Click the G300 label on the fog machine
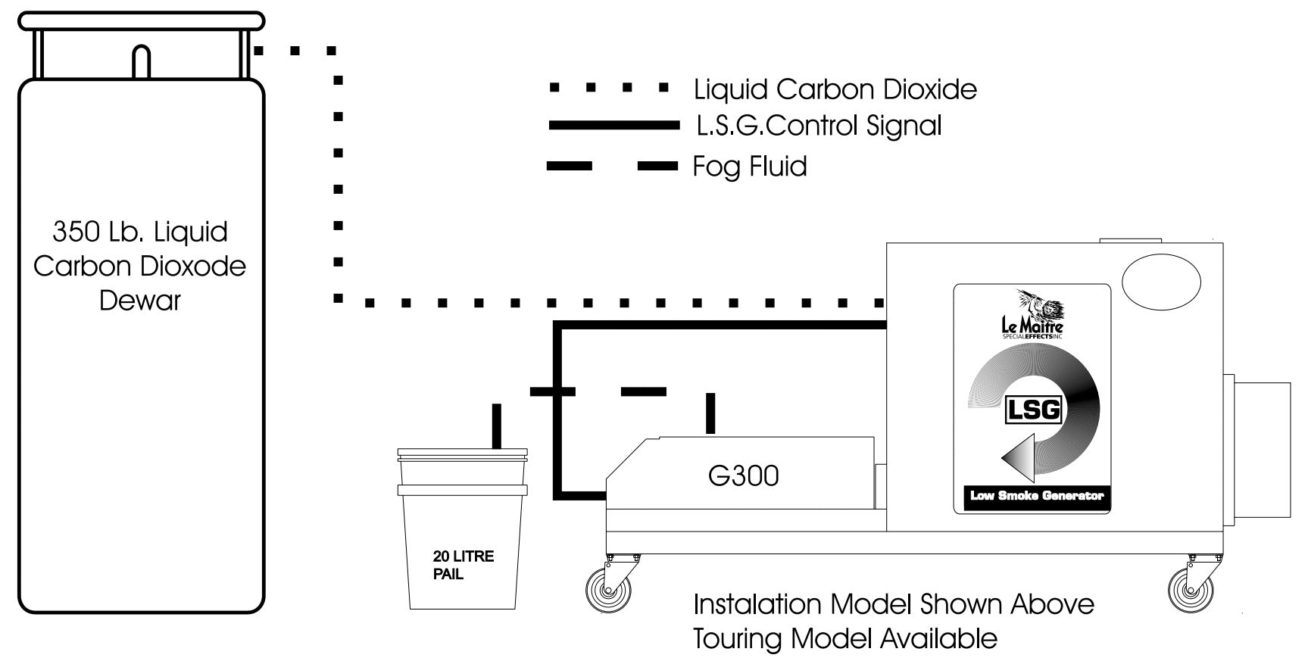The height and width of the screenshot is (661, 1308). coord(743,475)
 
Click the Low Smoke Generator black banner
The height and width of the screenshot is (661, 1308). coord(1037,497)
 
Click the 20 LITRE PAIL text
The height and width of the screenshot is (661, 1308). coord(463,565)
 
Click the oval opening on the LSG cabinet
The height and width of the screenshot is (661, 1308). coord(1160,282)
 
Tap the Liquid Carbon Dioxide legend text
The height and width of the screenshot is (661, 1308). coord(835,89)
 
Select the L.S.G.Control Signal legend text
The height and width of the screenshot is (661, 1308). coord(818,126)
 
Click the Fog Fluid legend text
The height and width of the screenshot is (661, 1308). coord(749,167)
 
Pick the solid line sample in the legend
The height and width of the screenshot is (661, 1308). coord(613,126)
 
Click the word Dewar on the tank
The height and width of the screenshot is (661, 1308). coord(140,301)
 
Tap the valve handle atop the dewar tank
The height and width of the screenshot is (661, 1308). coord(141,61)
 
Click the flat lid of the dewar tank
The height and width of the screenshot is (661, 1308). coord(141,20)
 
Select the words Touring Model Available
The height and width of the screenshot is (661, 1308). coord(844,638)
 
